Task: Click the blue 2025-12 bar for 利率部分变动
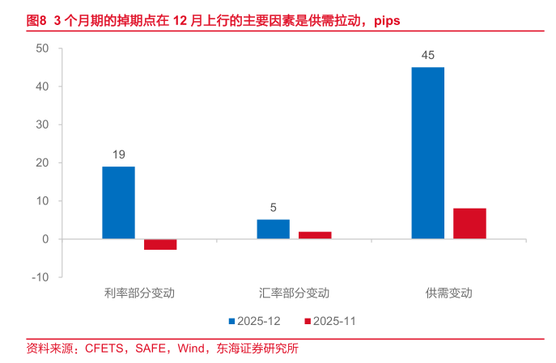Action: click(118, 202)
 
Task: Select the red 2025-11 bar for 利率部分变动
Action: click(160, 244)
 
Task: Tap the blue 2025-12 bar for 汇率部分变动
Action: click(273, 229)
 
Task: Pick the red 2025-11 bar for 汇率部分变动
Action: click(315, 235)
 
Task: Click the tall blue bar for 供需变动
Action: click(427, 153)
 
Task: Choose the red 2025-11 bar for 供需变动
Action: click(469, 223)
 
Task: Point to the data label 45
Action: click(428, 56)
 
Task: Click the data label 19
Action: click(118, 154)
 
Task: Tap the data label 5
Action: click(274, 208)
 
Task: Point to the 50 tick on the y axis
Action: click(43, 49)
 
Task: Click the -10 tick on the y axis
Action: click(40, 277)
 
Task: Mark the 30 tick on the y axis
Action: click(43, 125)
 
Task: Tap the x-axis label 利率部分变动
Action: click(139, 293)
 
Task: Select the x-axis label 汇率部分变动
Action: click(294, 293)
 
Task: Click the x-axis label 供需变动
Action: click(448, 293)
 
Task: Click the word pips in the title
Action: click(385, 19)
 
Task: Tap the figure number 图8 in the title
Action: click(36, 19)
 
